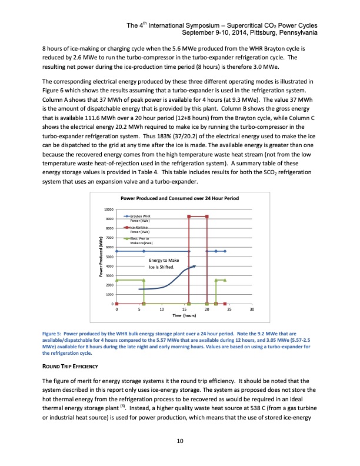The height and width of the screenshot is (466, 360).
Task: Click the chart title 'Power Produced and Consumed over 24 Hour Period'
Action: [179, 198]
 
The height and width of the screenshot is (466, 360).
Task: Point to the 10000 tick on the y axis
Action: [109, 210]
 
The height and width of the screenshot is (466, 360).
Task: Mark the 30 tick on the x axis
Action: [252, 309]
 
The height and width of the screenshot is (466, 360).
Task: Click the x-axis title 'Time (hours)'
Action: [184, 316]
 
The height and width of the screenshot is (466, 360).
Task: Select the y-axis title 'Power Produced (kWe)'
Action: [101, 257]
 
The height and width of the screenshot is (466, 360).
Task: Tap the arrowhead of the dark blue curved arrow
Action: [194, 266]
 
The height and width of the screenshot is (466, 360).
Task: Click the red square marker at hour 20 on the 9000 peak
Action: [207, 217]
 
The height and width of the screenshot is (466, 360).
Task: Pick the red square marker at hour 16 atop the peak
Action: [189, 217]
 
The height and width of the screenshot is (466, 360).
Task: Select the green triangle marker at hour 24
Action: [225, 280]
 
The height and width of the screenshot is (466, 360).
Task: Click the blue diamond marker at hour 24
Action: [225, 251]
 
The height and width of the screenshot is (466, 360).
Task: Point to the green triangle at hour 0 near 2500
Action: [117, 280]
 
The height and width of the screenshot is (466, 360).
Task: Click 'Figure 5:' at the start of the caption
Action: [51, 333]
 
